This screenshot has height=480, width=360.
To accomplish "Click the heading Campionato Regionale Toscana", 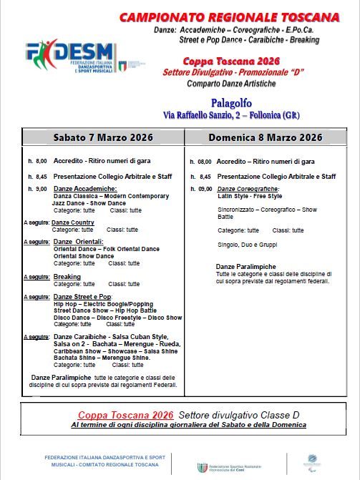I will tap(239, 17).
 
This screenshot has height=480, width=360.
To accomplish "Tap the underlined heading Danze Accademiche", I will tap(81, 188).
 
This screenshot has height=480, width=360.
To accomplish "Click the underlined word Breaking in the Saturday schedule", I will tap(67, 276).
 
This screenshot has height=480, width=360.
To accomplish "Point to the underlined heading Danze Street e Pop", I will tap(82, 296).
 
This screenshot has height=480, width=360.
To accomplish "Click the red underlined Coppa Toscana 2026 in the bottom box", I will tap(125, 415).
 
